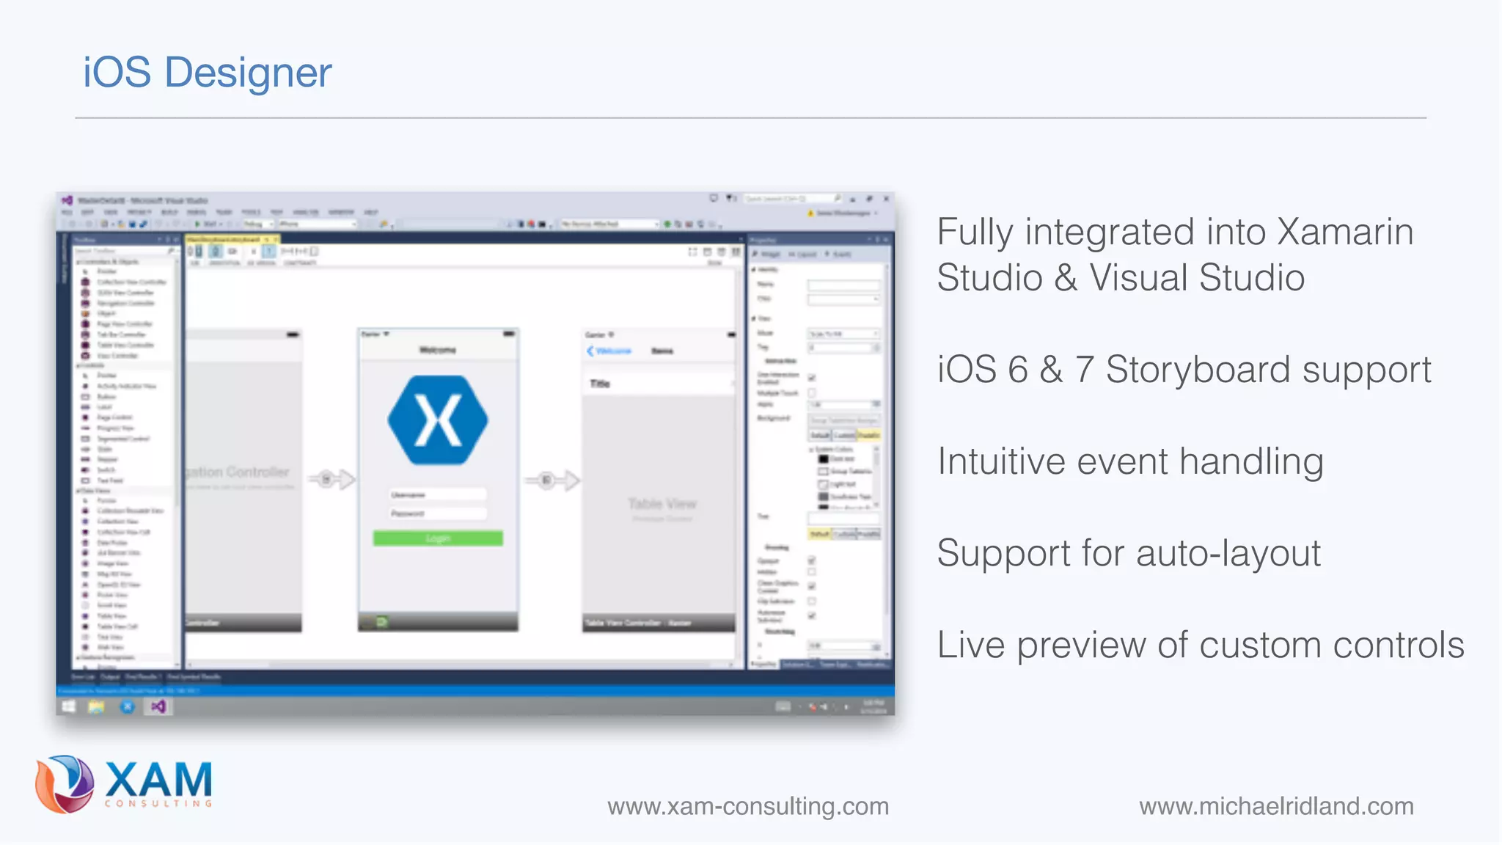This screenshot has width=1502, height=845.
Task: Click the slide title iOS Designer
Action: [207, 73]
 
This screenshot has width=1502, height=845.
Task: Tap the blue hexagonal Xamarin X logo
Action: [438, 420]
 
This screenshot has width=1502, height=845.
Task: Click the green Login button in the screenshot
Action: [438, 538]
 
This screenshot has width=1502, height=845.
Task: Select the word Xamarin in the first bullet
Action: [1345, 233]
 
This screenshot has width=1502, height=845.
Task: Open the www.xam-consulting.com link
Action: [747, 806]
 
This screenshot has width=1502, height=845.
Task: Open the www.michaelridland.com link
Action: [1276, 806]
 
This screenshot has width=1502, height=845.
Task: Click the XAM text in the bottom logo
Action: [158, 779]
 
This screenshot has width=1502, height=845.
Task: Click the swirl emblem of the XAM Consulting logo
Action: [65, 783]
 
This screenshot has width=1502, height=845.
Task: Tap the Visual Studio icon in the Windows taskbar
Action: [158, 706]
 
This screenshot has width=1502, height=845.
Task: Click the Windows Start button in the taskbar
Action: [68, 706]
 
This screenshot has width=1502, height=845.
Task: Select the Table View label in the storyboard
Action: [662, 504]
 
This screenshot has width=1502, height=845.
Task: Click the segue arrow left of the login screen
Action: [331, 480]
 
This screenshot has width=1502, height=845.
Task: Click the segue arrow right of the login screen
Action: [552, 480]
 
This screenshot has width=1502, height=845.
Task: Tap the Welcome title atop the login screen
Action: [438, 350]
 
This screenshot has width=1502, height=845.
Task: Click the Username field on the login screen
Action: [438, 495]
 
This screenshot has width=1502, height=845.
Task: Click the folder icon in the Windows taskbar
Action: [96, 706]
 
